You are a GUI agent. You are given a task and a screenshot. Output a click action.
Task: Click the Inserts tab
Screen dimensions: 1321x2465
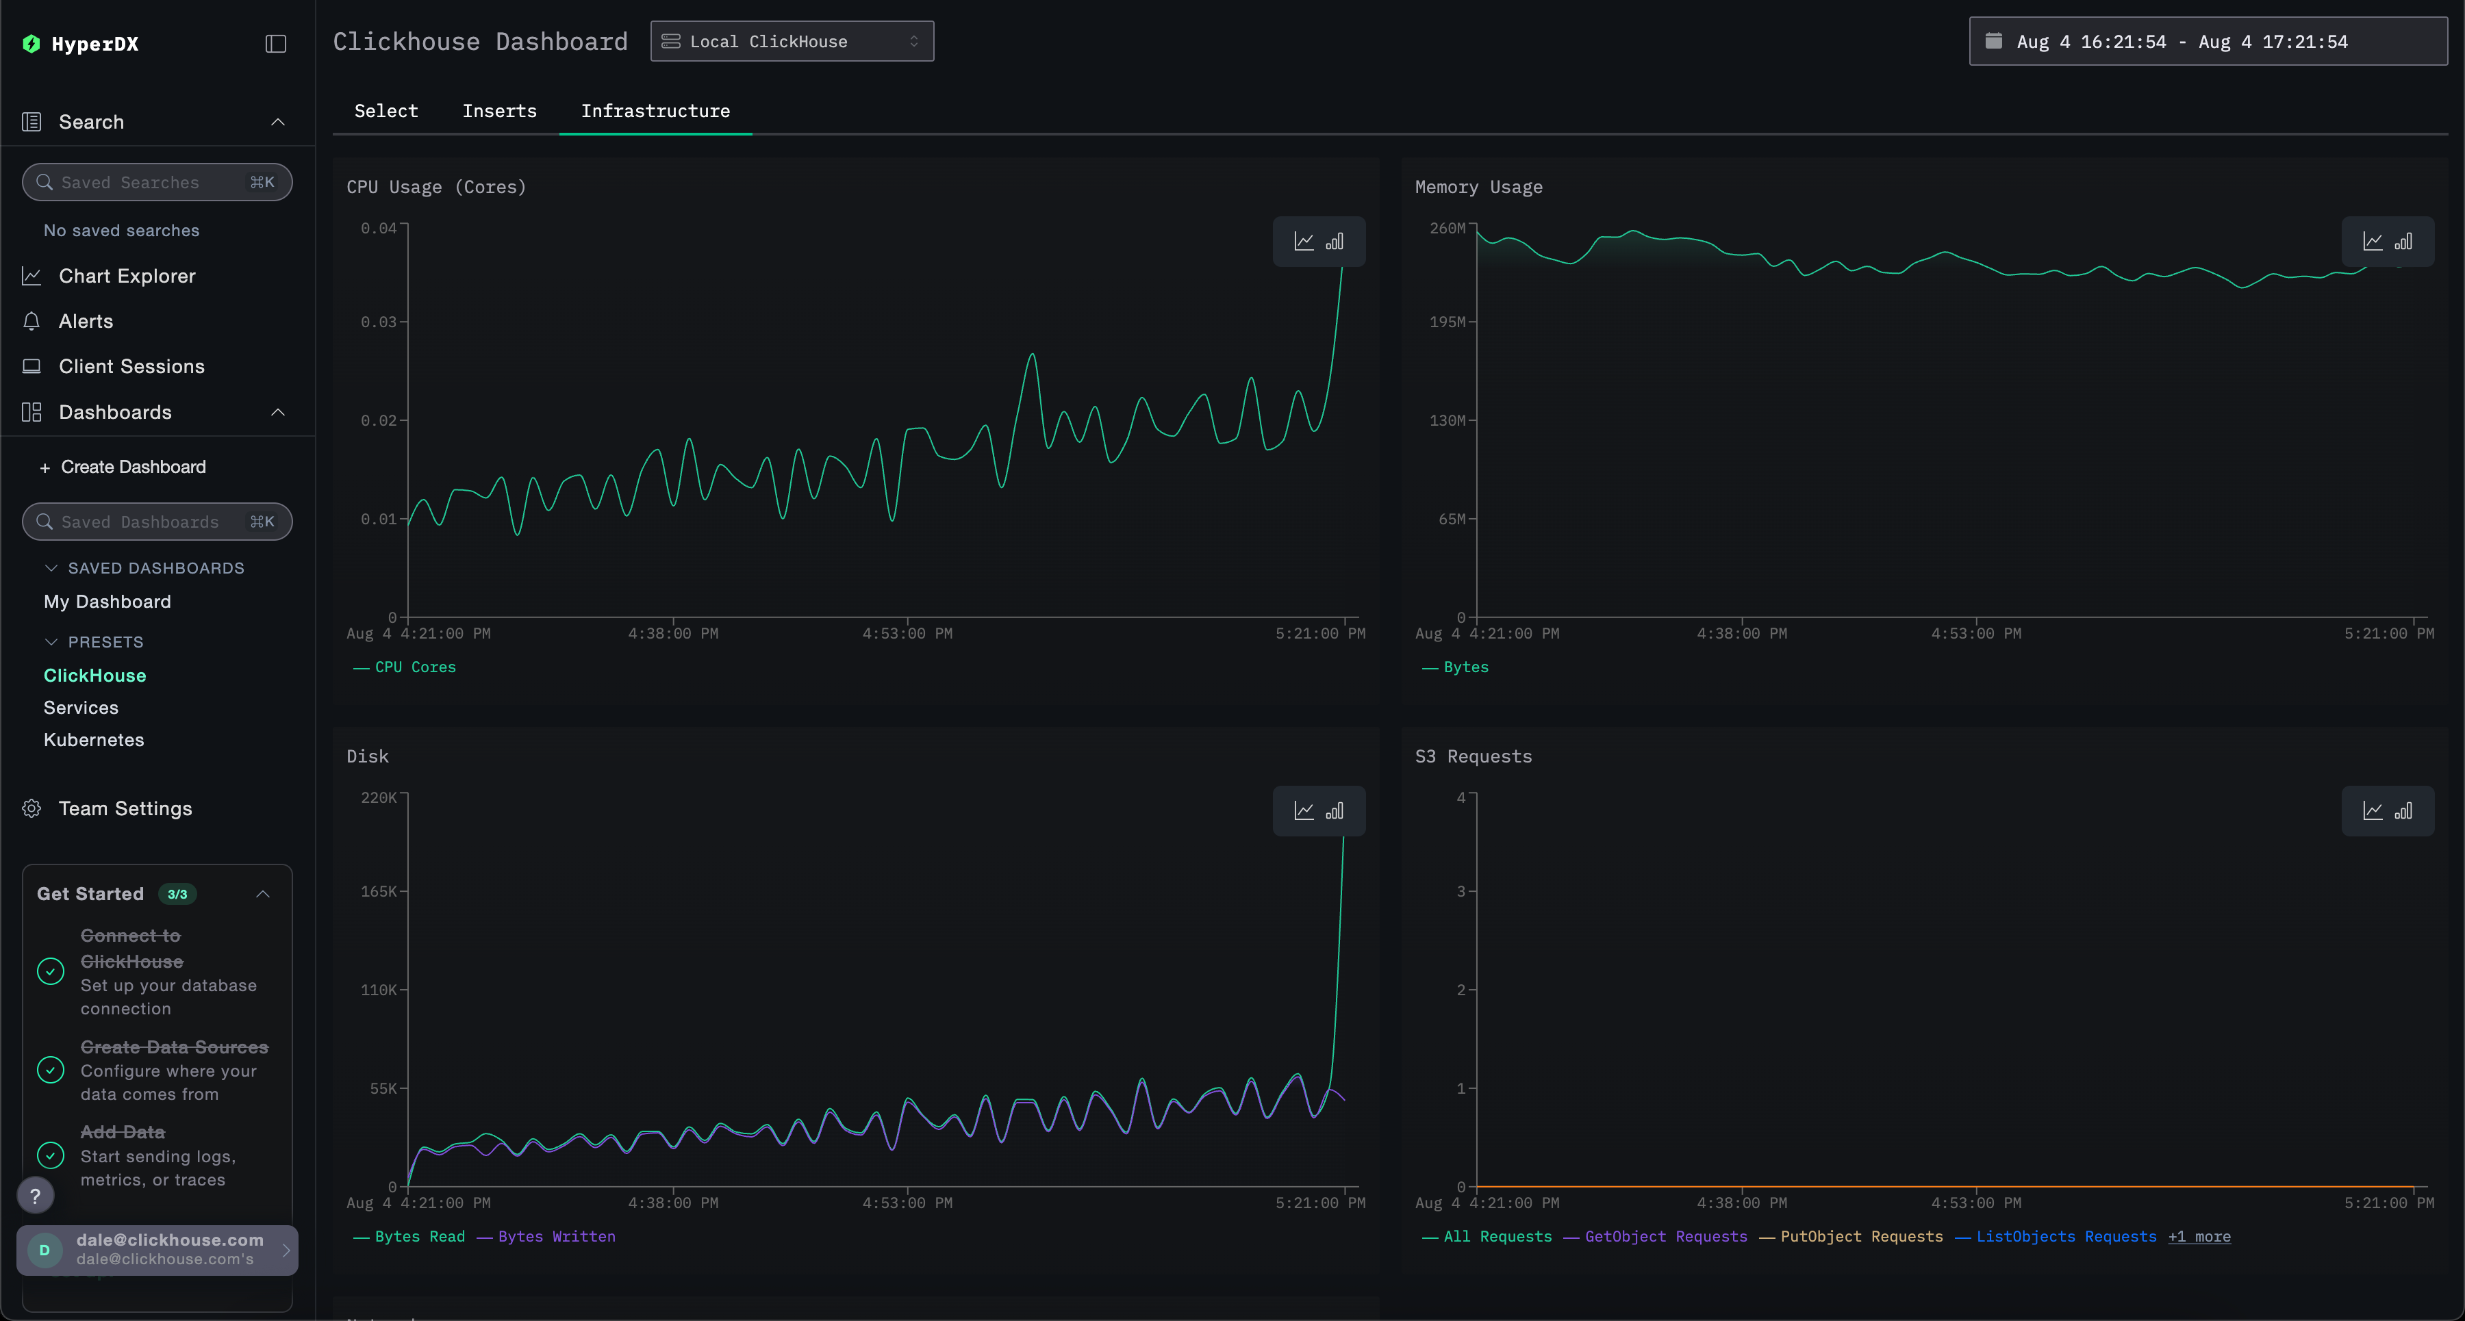498,111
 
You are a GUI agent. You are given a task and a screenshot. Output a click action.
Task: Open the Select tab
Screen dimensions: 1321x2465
385,111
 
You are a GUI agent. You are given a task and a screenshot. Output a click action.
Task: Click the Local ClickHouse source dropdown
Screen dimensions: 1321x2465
792,41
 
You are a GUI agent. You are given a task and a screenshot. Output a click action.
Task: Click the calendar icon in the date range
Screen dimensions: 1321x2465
1993,41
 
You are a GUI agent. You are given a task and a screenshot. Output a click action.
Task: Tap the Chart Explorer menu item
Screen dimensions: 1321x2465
126,275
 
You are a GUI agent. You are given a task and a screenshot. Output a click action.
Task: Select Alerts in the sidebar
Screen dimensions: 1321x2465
85,322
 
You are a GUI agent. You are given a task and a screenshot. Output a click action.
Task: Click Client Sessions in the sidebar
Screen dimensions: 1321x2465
131,366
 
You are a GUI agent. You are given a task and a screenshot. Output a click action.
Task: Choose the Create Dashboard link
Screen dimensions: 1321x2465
132,467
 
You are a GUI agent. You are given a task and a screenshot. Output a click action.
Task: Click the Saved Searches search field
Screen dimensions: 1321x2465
156,182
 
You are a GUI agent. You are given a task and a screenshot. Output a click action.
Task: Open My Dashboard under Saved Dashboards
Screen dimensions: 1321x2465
108,602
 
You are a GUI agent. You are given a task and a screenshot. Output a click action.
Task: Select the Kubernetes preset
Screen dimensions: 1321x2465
94,741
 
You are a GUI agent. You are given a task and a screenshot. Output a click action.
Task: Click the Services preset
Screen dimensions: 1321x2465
80,708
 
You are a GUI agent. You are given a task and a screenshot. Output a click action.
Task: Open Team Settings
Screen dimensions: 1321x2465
125,808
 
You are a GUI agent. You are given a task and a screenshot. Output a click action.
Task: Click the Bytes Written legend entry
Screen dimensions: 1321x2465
556,1236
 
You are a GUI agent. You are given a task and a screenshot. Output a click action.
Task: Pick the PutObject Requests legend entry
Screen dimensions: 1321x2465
1860,1236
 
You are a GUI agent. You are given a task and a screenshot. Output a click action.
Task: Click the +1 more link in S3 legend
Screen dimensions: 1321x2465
2199,1236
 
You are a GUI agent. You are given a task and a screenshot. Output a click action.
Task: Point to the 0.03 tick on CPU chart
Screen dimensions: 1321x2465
378,322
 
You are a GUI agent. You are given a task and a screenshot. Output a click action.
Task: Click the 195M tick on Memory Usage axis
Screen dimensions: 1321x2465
1447,322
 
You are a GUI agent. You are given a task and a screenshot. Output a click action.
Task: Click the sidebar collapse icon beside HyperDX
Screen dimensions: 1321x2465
275,44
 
